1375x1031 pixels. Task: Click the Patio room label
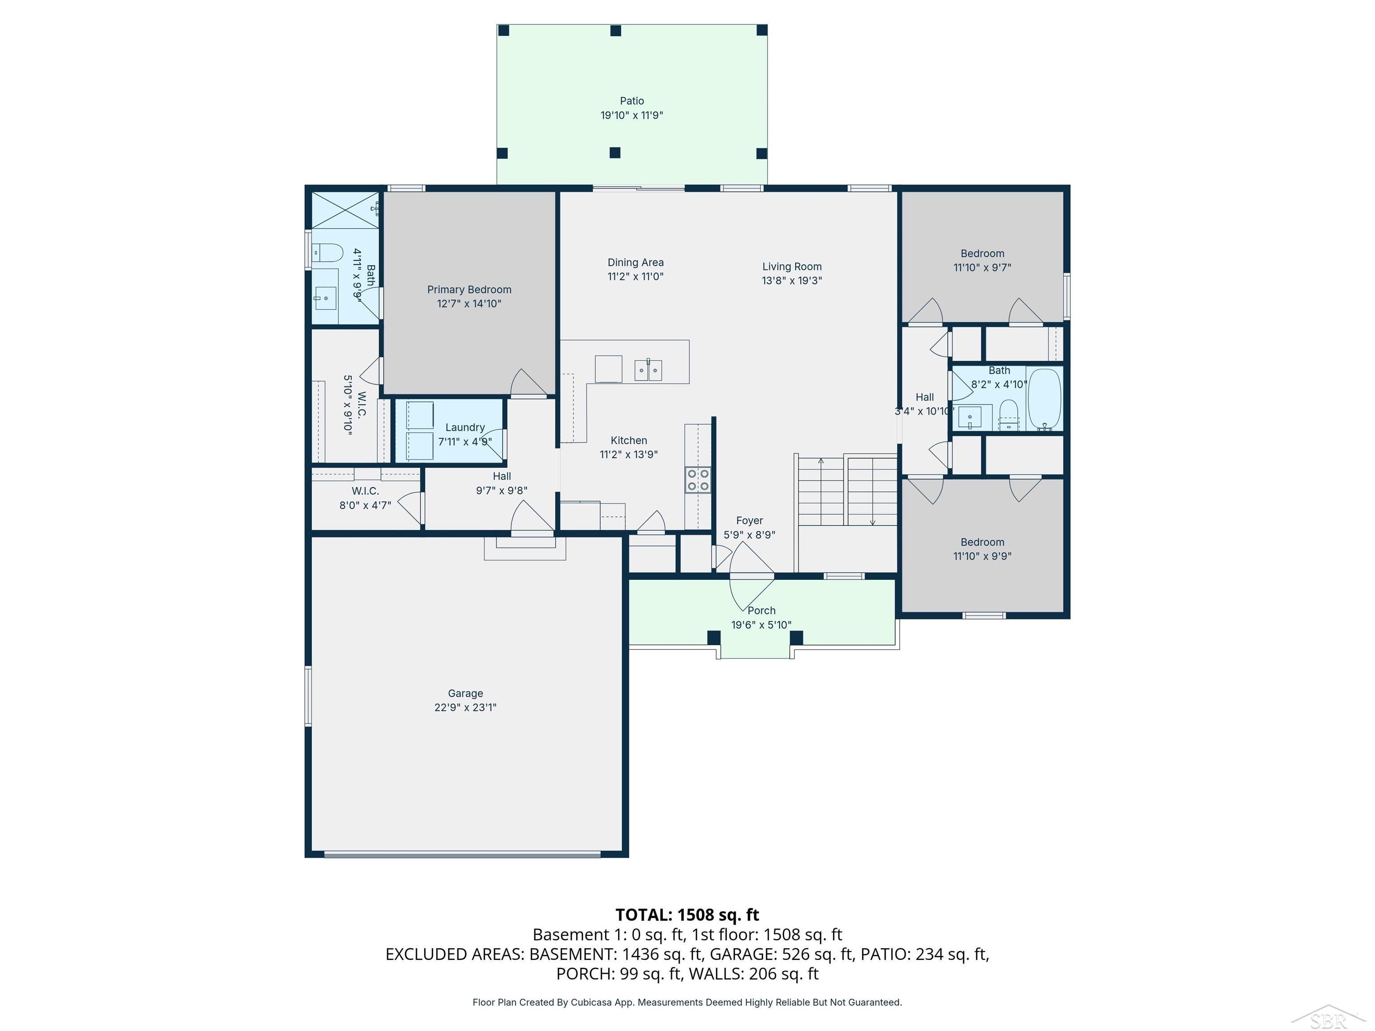[x=632, y=101]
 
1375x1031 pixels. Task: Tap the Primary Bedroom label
[x=470, y=290]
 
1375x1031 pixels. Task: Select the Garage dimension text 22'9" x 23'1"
[x=465, y=707]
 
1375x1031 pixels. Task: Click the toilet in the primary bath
[x=327, y=253]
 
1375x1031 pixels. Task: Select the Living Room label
[x=792, y=267]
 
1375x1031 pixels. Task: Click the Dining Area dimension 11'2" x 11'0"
[x=635, y=277]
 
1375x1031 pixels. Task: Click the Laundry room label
[x=465, y=427]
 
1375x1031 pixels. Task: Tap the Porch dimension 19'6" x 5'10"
[x=761, y=625]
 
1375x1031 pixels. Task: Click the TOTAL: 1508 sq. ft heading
[x=687, y=915]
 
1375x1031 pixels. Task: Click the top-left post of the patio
[x=504, y=30]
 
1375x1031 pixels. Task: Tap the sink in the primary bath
[x=325, y=298]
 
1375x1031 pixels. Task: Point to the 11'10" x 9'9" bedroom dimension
[x=982, y=556]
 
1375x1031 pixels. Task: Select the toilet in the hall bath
[x=1008, y=414]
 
